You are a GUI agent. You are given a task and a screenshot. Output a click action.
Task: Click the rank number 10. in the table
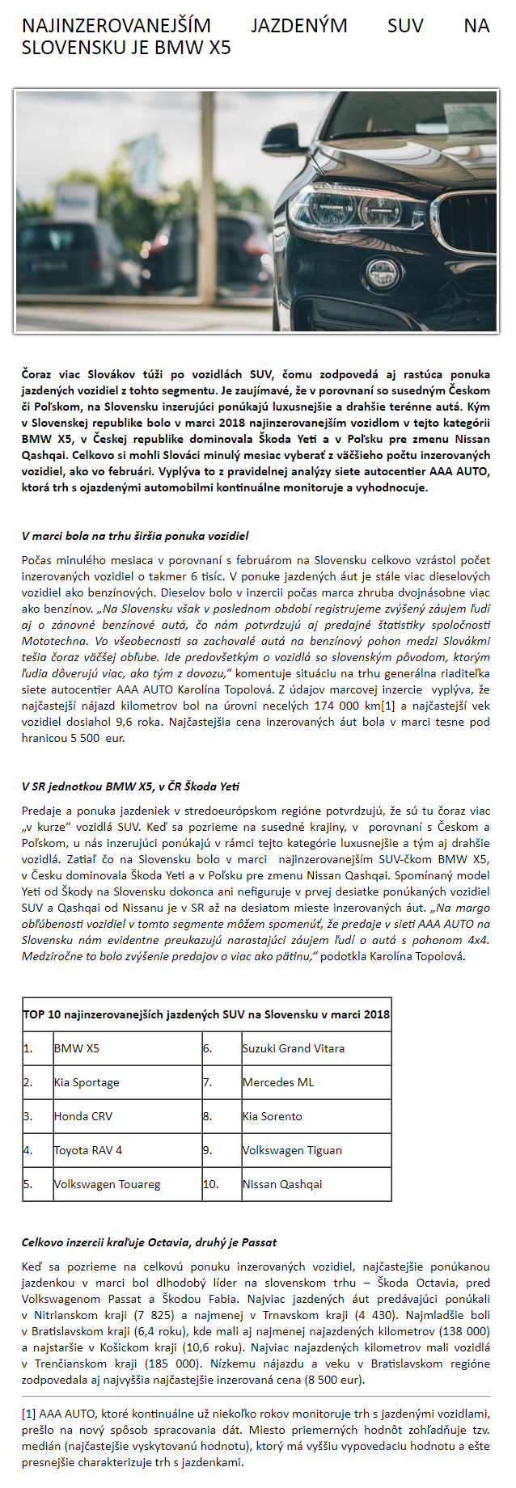coord(211,1184)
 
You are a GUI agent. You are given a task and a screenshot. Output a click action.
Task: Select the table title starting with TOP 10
coord(206,1014)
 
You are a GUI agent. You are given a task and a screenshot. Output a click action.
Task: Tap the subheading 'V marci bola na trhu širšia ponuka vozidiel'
coord(135,536)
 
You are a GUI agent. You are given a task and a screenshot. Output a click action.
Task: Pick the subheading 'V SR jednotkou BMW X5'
coord(130,786)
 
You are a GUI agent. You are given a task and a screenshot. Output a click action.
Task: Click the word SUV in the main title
coord(405,26)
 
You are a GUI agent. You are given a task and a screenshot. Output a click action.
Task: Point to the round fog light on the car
coord(381,269)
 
